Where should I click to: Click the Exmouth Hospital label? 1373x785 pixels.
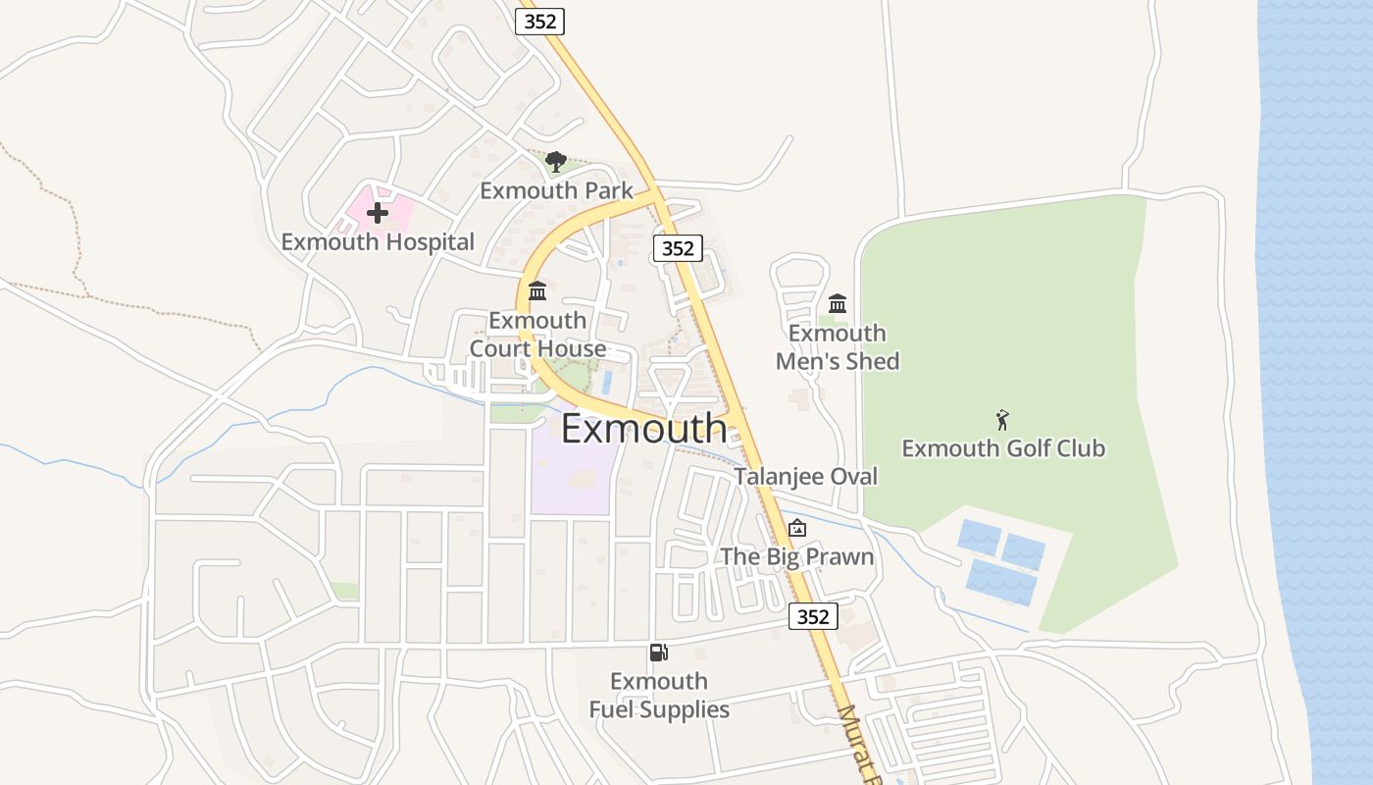point(378,241)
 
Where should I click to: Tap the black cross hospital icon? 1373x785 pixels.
point(378,213)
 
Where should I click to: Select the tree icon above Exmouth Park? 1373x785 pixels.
point(556,162)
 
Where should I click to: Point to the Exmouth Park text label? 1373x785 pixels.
point(556,190)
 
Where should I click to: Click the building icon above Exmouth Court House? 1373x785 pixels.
point(537,291)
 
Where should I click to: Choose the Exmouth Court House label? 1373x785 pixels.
point(537,335)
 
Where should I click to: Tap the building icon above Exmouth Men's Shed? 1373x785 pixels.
point(838,303)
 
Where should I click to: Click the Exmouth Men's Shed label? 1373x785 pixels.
point(838,347)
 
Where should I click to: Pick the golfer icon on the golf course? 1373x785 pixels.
point(1002,421)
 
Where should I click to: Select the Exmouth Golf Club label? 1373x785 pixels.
point(1003,448)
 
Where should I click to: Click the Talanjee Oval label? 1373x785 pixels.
point(806,476)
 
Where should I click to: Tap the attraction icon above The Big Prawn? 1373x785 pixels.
point(797,528)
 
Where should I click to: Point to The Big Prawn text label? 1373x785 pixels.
point(797,556)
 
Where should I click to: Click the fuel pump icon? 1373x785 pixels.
point(659,653)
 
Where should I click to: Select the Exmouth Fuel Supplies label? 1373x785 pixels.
point(659,695)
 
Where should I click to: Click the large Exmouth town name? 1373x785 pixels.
point(644,429)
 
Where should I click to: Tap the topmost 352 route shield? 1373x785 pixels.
point(540,22)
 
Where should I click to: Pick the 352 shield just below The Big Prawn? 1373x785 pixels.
point(813,616)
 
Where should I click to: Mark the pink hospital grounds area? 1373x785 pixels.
point(392,208)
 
